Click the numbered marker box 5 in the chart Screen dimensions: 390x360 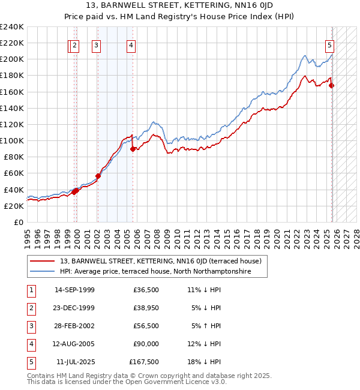(330, 44)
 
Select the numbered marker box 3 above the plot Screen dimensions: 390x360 (96, 44)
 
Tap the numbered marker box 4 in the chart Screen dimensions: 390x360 (131, 44)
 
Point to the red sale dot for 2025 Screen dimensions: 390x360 (332, 85)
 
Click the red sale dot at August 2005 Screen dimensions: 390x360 (133, 149)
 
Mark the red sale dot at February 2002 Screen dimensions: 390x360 (98, 176)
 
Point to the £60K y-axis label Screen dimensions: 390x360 (14, 173)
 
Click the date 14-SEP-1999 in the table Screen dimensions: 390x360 (74, 290)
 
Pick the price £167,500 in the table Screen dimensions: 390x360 (144, 362)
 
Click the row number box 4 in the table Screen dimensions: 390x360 (30, 344)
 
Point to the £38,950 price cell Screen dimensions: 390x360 (146, 308)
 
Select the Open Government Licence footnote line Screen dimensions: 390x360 (127, 382)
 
